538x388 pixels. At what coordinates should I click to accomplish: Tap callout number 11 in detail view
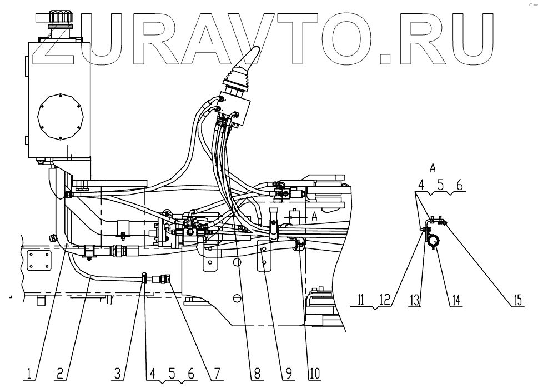360,301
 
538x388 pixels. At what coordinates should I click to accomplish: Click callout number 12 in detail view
383,301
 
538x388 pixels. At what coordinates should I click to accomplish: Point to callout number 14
455,301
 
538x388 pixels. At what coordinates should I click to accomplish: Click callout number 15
517,301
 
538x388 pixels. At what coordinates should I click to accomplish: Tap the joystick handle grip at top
252,56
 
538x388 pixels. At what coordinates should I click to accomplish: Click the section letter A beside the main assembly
314,215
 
